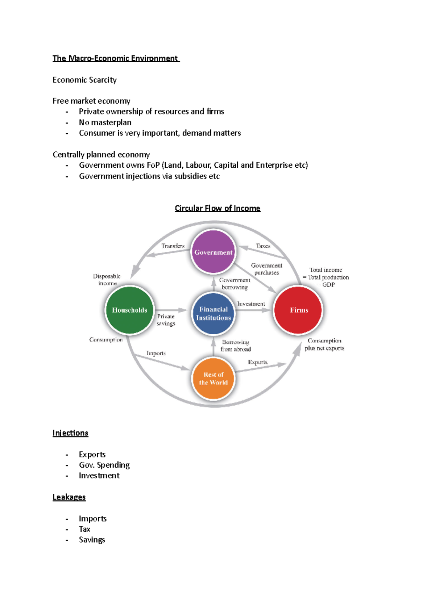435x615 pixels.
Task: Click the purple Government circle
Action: (x=213, y=252)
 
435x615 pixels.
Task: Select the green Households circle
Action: (x=129, y=310)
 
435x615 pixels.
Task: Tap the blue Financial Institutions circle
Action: (x=213, y=314)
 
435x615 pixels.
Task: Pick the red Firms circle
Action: (x=298, y=310)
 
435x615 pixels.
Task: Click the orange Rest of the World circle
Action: (x=213, y=378)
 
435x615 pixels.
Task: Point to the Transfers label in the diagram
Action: (x=173, y=246)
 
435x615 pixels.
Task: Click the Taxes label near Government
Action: (x=263, y=246)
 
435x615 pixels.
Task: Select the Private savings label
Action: (x=166, y=320)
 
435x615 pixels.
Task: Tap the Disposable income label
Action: (x=107, y=280)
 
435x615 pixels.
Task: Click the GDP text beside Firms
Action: (x=328, y=285)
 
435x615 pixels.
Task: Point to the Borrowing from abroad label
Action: (x=236, y=346)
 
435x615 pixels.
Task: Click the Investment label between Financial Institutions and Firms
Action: (x=251, y=304)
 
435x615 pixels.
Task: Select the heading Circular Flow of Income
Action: (x=217, y=208)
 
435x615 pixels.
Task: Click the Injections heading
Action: (x=70, y=433)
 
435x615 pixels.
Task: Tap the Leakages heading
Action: (x=69, y=497)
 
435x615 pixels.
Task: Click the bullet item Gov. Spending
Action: (x=104, y=465)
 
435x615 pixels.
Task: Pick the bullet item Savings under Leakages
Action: (x=92, y=540)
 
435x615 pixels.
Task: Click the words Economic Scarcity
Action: (x=84, y=80)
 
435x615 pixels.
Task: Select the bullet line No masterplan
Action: (x=105, y=122)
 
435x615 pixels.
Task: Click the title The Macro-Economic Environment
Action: (x=115, y=58)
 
